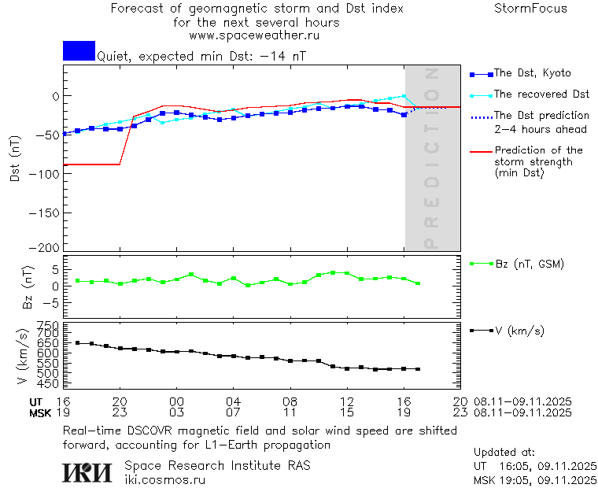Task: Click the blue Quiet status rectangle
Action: coord(79,51)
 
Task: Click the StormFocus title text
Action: coord(530,9)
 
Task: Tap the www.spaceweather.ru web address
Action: coord(254,35)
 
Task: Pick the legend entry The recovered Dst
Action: coord(541,94)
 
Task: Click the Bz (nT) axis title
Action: coord(28,287)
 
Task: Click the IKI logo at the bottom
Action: coord(88,471)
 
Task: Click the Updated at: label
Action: coord(504,453)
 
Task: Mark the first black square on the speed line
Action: coord(78,343)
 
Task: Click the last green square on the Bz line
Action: coord(418,283)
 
